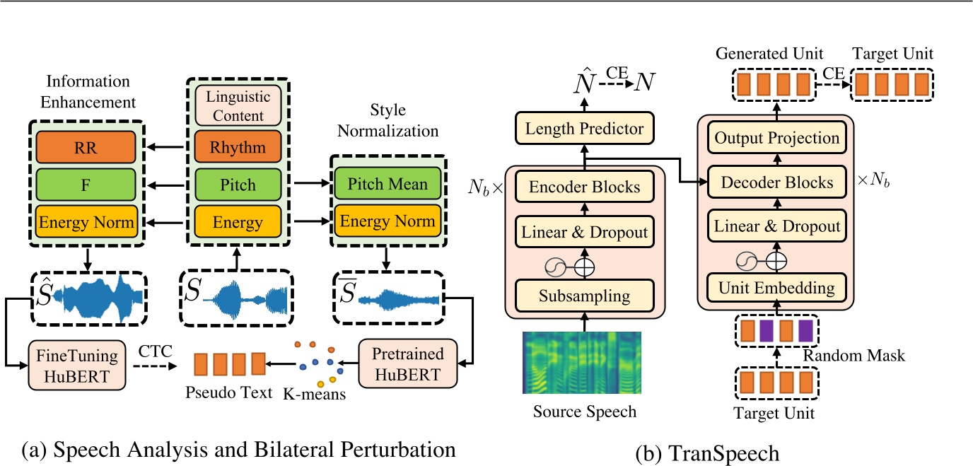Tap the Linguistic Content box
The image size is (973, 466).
(x=238, y=105)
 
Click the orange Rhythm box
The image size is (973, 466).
(x=238, y=148)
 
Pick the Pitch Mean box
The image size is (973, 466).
(x=387, y=184)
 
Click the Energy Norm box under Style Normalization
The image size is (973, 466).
(x=387, y=220)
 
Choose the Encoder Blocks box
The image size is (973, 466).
(x=583, y=187)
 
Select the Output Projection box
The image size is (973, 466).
(x=777, y=138)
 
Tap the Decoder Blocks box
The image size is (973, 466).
(x=777, y=182)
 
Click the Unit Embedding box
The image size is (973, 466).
(x=777, y=288)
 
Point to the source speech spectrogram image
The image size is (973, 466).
(x=581, y=362)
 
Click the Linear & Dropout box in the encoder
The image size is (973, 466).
(x=583, y=232)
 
